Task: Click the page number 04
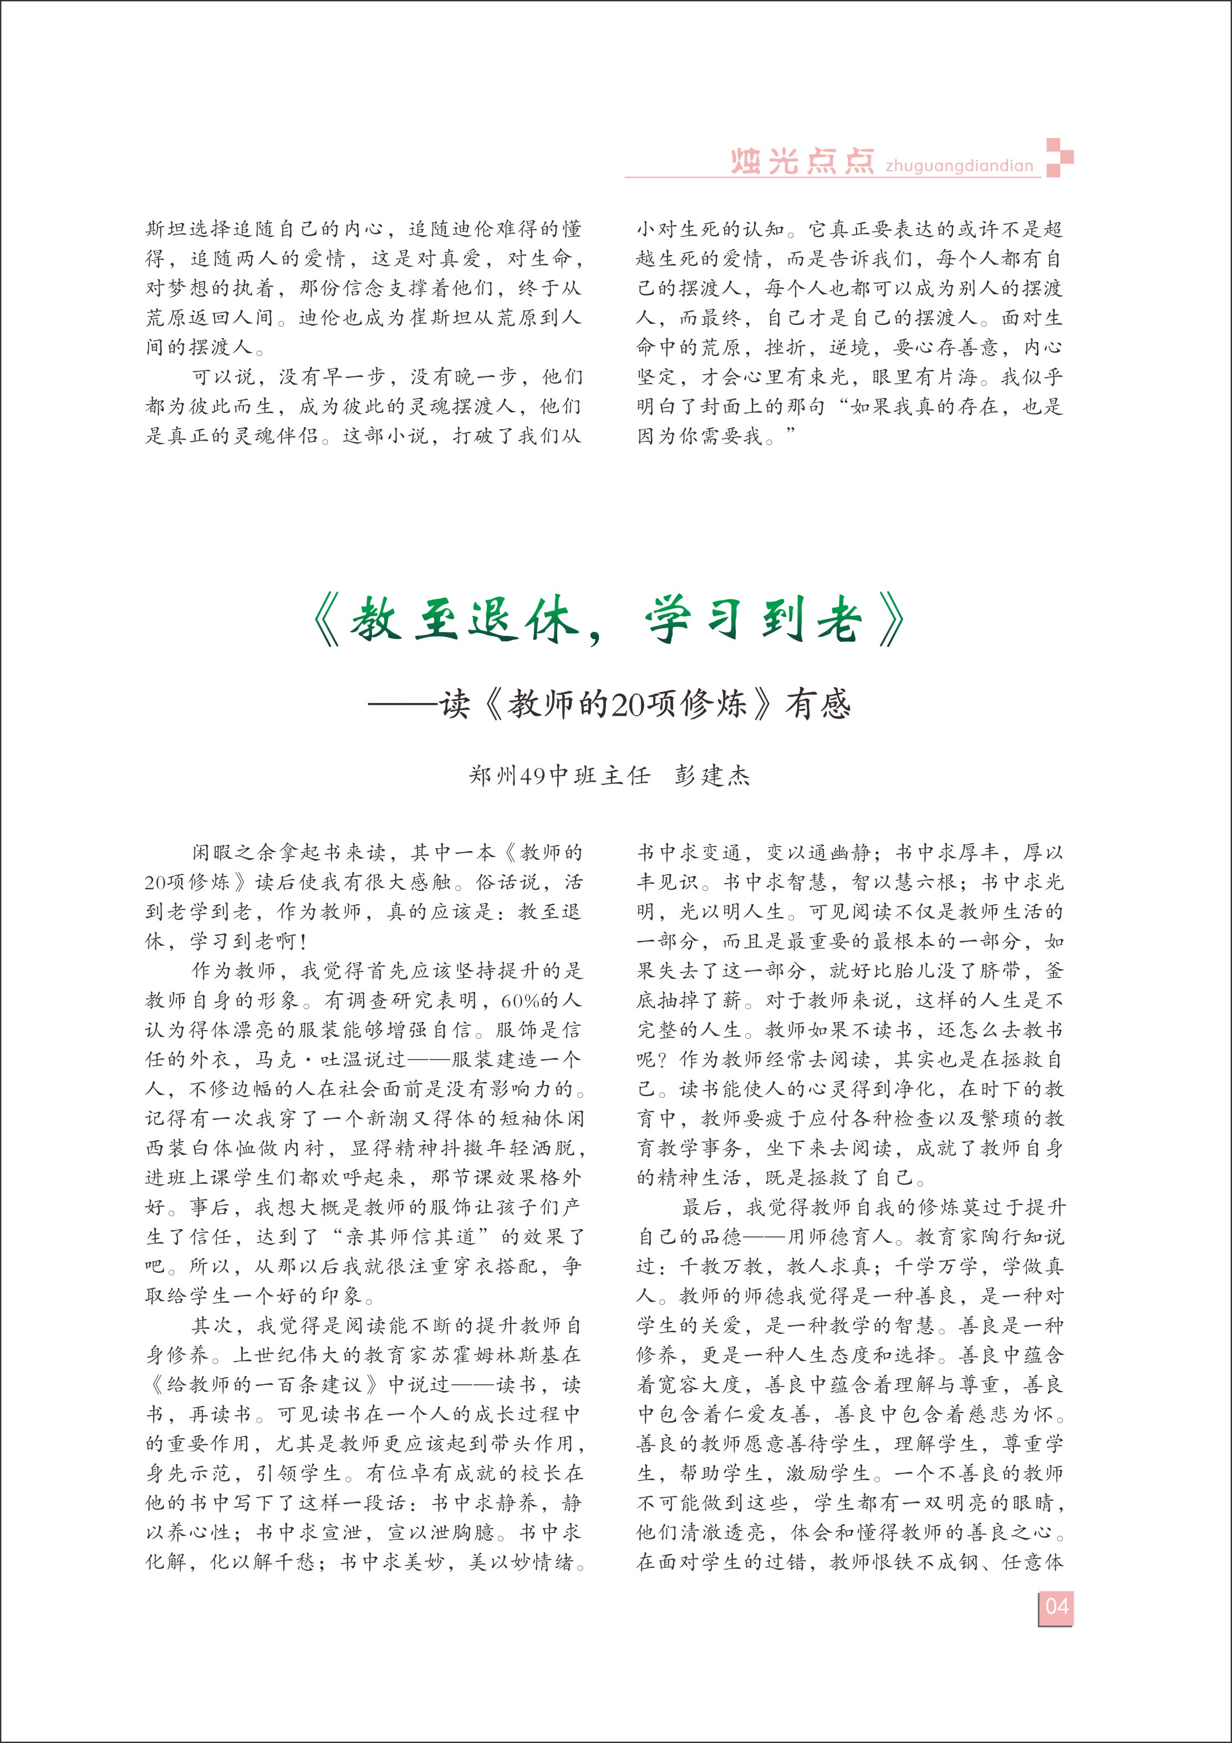coord(1056,1607)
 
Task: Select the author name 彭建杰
coord(712,775)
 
